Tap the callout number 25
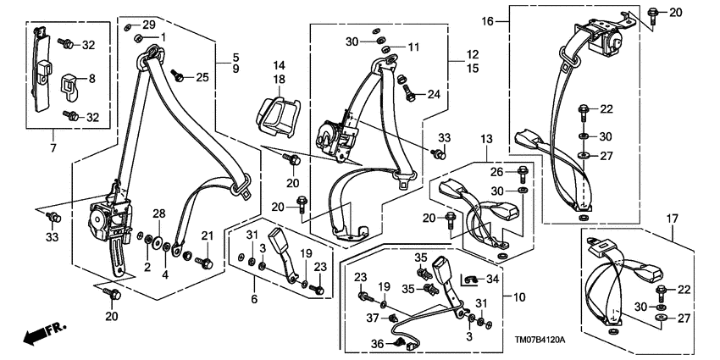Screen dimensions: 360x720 click(202, 78)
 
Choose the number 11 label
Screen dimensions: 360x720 click(414, 47)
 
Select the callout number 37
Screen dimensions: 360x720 click(372, 318)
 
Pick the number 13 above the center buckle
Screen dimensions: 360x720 click(486, 139)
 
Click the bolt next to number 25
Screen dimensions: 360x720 click(180, 76)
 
